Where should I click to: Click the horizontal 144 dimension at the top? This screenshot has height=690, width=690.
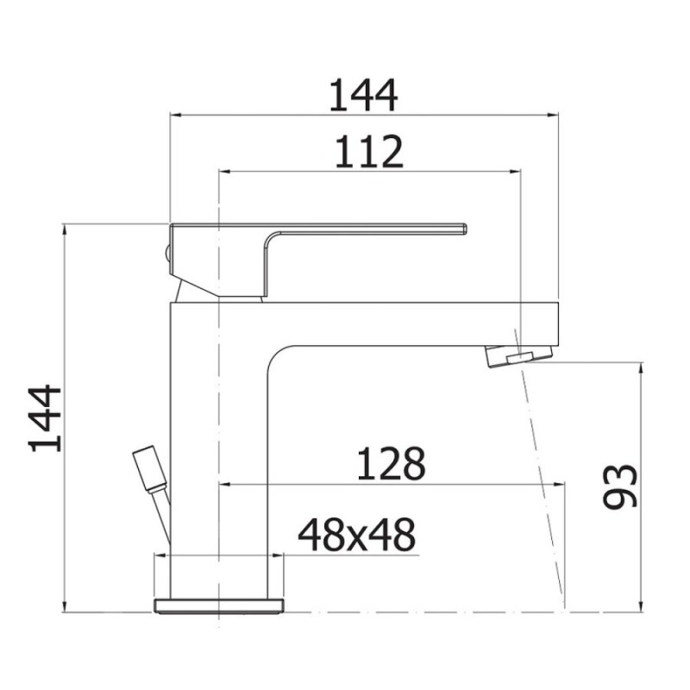click(363, 95)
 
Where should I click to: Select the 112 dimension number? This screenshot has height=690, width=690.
click(369, 152)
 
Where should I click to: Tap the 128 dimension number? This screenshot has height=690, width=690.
click(392, 463)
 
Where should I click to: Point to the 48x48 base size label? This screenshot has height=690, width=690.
click(356, 535)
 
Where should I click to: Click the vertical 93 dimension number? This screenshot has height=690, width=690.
click(620, 486)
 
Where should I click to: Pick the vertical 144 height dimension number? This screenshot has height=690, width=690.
click(45, 418)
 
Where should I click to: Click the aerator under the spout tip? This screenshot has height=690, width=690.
click(518, 355)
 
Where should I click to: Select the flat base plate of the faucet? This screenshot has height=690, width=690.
click(219, 605)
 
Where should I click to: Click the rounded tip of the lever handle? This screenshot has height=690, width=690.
click(464, 229)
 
